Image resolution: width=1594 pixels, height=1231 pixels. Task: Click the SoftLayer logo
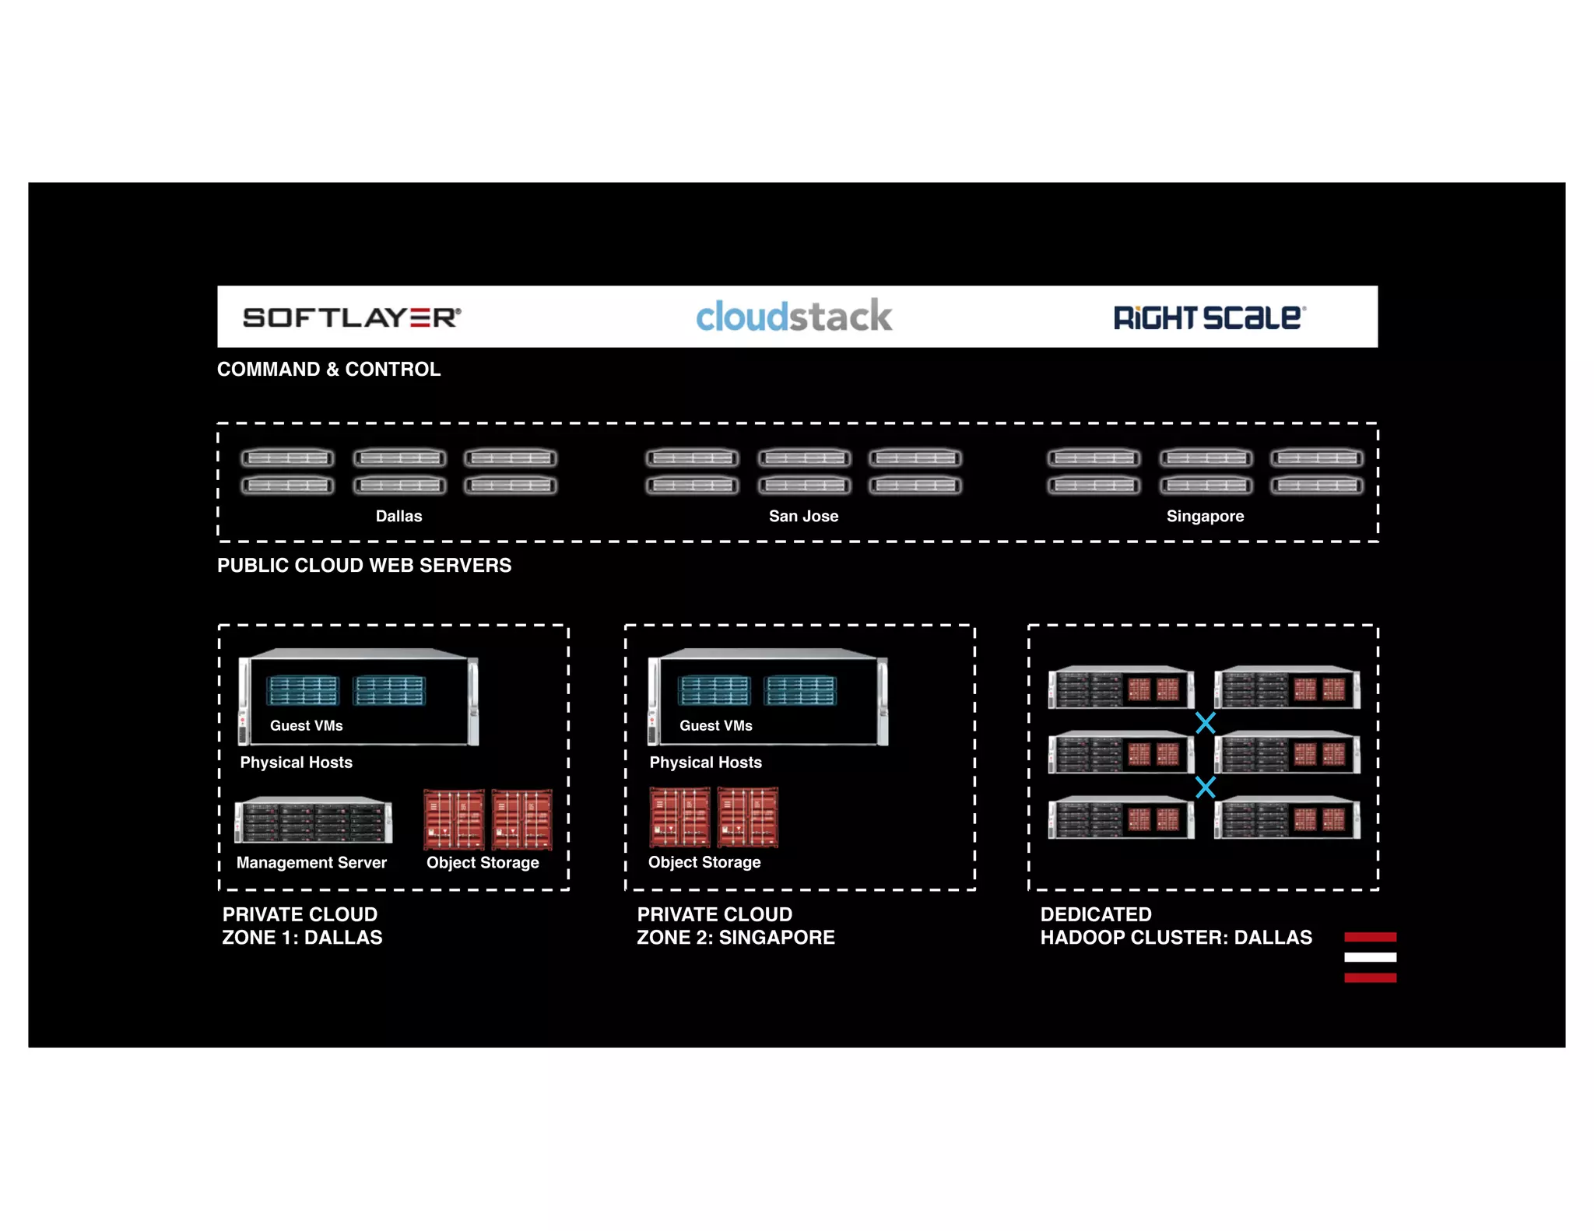pyautogui.click(x=352, y=317)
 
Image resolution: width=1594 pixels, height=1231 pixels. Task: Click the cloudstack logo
pyautogui.click(x=794, y=316)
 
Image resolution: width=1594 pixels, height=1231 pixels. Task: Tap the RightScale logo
pyautogui.click(x=1210, y=317)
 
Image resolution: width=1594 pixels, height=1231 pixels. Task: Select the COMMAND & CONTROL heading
pyautogui.click(x=328, y=370)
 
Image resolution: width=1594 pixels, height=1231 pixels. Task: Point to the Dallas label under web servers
pyautogui.click(x=398, y=516)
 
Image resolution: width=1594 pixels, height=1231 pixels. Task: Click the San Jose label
pyautogui.click(x=803, y=516)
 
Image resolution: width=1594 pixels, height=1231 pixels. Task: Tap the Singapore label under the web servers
pyautogui.click(x=1205, y=516)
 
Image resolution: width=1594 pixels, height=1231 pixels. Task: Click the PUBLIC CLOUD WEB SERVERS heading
pyautogui.click(x=364, y=566)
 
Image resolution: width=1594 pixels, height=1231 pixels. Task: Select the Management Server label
pyautogui.click(x=311, y=862)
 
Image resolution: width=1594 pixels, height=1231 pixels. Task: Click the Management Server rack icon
pyautogui.click(x=313, y=820)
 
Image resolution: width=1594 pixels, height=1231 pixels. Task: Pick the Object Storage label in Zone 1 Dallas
pyautogui.click(x=483, y=862)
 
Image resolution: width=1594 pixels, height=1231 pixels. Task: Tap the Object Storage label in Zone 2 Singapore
pyautogui.click(x=704, y=862)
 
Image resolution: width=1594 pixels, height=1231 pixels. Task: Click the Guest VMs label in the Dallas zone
pyautogui.click(x=306, y=725)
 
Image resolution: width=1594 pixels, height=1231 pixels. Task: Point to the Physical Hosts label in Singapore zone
pyautogui.click(x=705, y=763)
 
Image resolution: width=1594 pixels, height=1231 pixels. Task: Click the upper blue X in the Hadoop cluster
pyautogui.click(x=1205, y=723)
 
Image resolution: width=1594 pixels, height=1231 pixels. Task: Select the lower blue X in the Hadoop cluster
pyautogui.click(x=1205, y=787)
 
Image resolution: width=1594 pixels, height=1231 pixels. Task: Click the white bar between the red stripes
pyautogui.click(x=1370, y=957)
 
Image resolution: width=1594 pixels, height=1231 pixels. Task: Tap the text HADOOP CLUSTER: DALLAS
pyautogui.click(x=1176, y=938)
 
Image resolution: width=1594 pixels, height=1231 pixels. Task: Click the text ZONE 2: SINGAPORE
pyautogui.click(x=736, y=938)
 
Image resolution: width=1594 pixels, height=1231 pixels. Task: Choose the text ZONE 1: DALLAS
pyautogui.click(x=302, y=938)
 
